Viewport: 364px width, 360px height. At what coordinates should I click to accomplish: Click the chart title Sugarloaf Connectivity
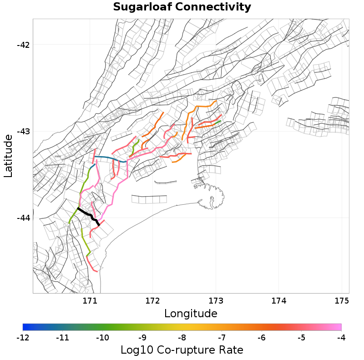pos(182,7)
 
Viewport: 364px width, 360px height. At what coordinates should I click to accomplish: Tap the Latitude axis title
pos(8,156)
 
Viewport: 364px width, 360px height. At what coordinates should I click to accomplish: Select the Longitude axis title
pos(191,314)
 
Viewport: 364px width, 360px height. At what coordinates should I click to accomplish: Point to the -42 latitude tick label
pos(23,45)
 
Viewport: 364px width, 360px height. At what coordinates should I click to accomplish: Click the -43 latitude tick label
pos(23,131)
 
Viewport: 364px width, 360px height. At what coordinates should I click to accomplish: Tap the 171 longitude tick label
pos(89,301)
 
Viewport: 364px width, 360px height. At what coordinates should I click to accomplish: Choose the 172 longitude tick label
pos(152,301)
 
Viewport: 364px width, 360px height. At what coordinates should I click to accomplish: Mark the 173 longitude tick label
pos(215,301)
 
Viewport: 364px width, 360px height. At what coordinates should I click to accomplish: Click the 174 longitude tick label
pos(278,301)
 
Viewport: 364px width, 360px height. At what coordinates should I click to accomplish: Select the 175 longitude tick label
pos(341,301)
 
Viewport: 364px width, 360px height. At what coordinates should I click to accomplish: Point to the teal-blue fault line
pos(109,158)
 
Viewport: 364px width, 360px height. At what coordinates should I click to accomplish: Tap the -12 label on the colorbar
pos(23,338)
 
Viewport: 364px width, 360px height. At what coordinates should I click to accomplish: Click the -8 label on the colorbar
pos(182,338)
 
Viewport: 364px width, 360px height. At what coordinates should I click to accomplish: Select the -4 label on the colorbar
pos(341,338)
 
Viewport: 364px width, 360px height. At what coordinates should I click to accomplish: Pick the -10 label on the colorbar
pos(102,338)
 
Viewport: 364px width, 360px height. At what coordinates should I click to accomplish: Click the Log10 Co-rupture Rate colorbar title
pos(182,350)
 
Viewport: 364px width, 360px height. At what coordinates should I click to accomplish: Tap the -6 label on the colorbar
pos(262,338)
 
